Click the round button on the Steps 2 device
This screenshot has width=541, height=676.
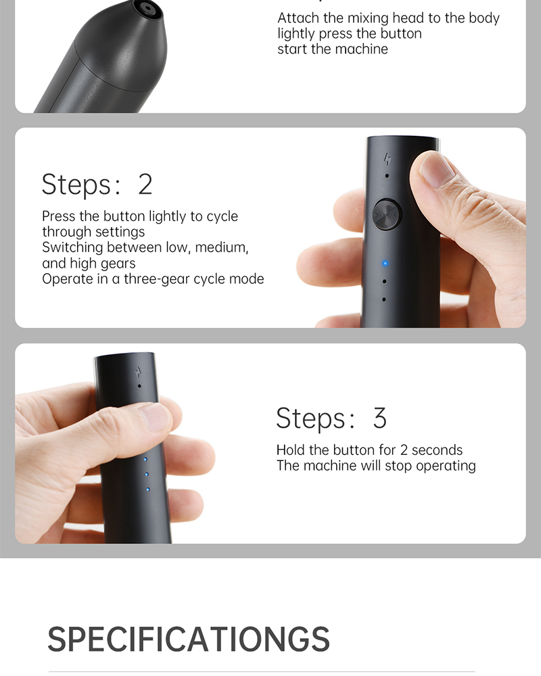point(387,214)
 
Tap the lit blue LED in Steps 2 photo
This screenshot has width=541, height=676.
point(385,264)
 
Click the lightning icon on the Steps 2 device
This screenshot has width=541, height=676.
point(387,159)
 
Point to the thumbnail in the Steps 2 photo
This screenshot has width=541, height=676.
point(436,170)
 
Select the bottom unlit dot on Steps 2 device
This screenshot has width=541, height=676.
point(384,299)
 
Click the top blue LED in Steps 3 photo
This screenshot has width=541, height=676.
point(145,460)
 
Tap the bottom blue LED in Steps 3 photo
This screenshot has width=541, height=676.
point(148,489)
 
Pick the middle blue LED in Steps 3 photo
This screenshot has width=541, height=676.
point(147,475)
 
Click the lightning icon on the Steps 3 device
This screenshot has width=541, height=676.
point(138,372)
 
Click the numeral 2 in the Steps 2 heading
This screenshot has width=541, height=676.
point(145,185)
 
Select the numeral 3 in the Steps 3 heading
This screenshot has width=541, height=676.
point(379,418)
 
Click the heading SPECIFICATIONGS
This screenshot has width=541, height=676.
point(189,639)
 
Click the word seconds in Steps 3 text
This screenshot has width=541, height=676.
point(437,450)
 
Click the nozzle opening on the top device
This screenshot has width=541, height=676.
point(148,8)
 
